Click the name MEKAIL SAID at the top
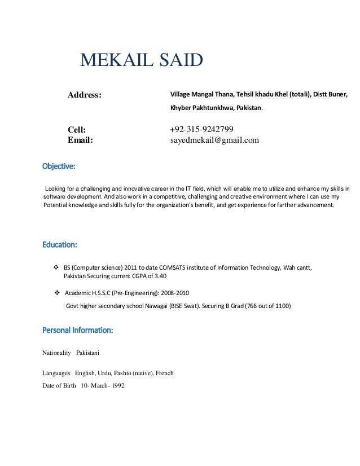(x=142, y=59)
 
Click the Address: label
(x=85, y=95)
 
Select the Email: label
(x=81, y=140)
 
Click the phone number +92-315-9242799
(x=202, y=129)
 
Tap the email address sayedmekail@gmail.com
(x=214, y=140)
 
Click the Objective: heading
(x=59, y=167)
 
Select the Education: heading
(x=60, y=245)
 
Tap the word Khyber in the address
(x=181, y=107)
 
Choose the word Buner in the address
(x=337, y=94)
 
